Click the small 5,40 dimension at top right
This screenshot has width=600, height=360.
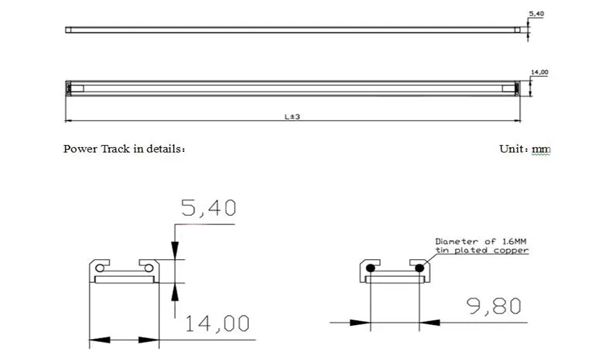click(x=536, y=14)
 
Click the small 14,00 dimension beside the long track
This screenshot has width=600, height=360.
click(x=539, y=73)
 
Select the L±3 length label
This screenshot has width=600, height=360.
click(x=292, y=116)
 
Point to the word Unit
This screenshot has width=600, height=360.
click(x=511, y=148)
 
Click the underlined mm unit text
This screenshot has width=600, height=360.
click(x=541, y=149)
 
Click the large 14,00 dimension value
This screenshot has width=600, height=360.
click(x=217, y=323)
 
